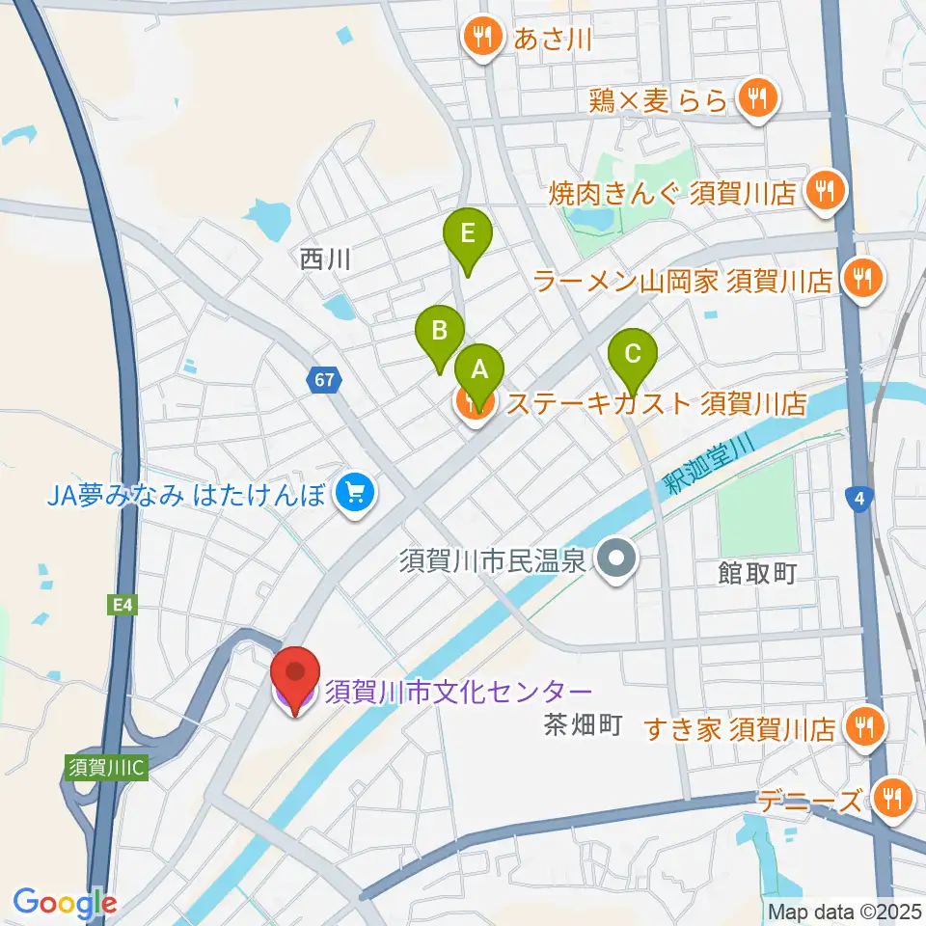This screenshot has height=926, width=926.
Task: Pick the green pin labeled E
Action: pos(468,234)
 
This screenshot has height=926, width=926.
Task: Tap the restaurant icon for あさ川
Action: pos(480,39)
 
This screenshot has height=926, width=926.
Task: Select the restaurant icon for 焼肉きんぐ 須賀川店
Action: pos(825,192)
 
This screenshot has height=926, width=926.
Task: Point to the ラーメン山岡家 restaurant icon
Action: pos(859,280)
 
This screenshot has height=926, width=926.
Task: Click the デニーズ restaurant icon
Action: pos(892,798)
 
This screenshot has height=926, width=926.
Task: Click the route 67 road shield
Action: pos(324,380)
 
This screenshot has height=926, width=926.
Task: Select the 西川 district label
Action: pos(323,259)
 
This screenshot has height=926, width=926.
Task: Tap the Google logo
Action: pos(65,903)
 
